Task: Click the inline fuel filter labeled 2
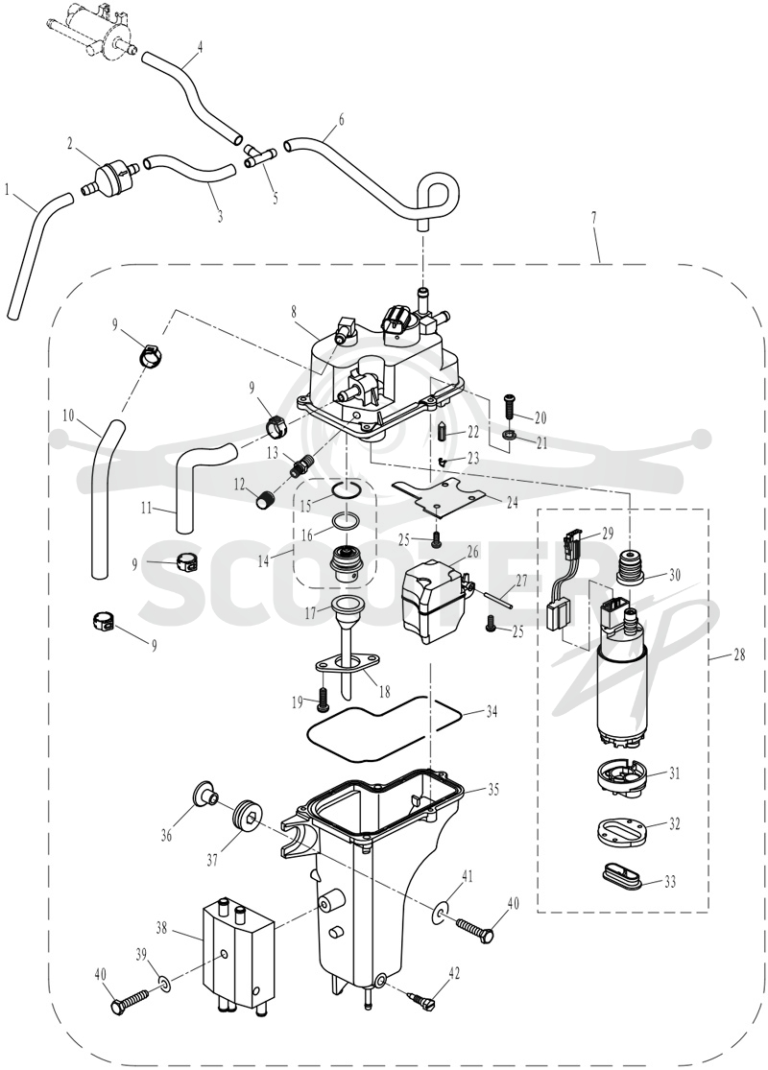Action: pyautogui.click(x=112, y=176)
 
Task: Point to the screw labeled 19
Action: pyautogui.click(x=323, y=697)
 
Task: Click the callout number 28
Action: pyautogui.click(x=738, y=655)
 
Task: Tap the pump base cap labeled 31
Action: pyautogui.click(x=620, y=777)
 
